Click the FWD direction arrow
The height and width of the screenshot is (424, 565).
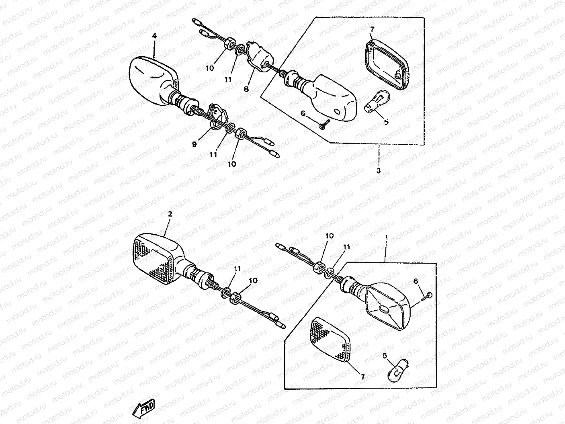pyautogui.click(x=143, y=410)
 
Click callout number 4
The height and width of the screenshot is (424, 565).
pyautogui.click(x=154, y=36)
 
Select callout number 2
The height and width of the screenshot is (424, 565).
pyautogui.click(x=170, y=214)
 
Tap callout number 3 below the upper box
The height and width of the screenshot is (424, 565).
pyautogui.click(x=379, y=170)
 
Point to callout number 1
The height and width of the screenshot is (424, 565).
pyautogui.click(x=386, y=237)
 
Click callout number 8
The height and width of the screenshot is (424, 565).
pyautogui.click(x=246, y=89)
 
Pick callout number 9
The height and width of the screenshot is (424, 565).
pyautogui.click(x=194, y=144)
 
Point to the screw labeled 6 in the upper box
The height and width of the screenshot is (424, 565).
pyautogui.click(x=324, y=123)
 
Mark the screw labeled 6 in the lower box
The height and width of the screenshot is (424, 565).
pyautogui.click(x=427, y=296)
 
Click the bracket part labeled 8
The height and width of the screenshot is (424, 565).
pyautogui.click(x=260, y=56)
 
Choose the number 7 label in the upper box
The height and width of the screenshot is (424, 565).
pyautogui.click(x=373, y=29)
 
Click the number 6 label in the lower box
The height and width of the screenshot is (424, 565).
pyautogui.click(x=416, y=281)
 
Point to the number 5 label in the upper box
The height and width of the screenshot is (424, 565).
pyautogui.click(x=386, y=122)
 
